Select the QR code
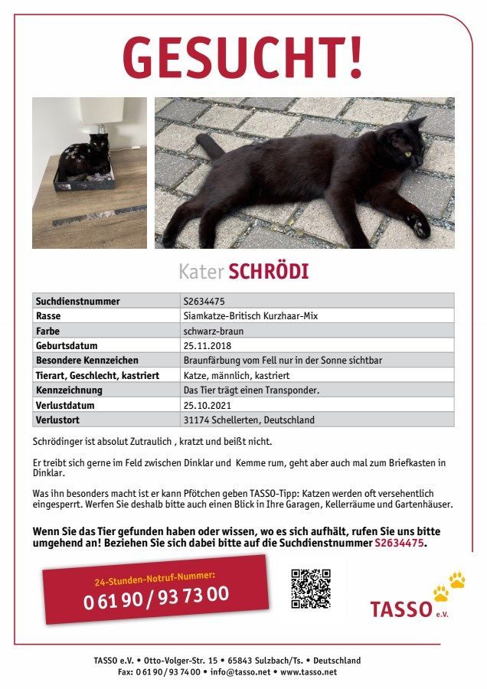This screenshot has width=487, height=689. pyautogui.click(x=310, y=587)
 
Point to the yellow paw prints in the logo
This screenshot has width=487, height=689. pyautogui.click(x=448, y=586)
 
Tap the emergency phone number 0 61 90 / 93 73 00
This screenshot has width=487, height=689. pyautogui.click(x=155, y=597)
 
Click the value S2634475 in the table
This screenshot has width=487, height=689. pyautogui.click(x=204, y=301)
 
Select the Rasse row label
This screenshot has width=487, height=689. pyautogui.click(x=48, y=315)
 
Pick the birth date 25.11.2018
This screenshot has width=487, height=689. pyautogui.click(x=206, y=345)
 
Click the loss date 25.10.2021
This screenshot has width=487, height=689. pyautogui.click(x=206, y=405)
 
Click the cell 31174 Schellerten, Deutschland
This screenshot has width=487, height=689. pyautogui.click(x=249, y=420)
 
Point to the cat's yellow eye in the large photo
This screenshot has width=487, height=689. pyautogui.click(x=408, y=155)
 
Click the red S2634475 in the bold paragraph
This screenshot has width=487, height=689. pyautogui.click(x=400, y=543)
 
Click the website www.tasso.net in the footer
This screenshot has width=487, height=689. pyautogui.click(x=309, y=672)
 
